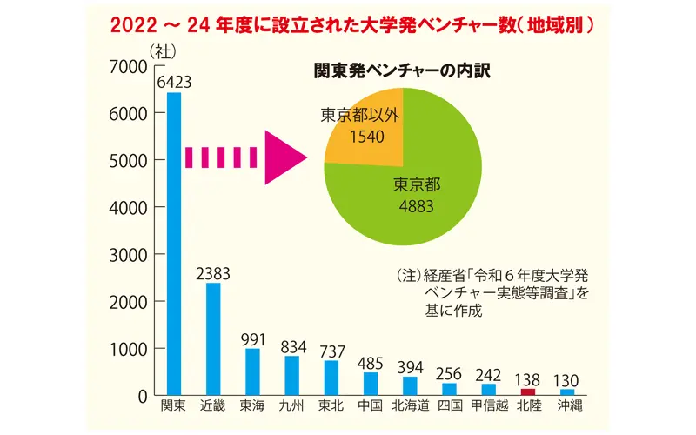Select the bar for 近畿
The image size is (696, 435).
click(213, 339)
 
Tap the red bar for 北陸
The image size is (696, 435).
click(527, 392)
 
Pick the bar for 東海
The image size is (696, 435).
click(252, 372)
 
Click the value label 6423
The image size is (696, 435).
click(174, 83)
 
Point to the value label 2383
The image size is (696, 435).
click(213, 273)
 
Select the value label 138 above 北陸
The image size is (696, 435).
click(527, 379)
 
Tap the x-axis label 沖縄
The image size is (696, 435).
click(566, 406)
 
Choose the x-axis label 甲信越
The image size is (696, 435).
click(488, 406)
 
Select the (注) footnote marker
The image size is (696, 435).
click(409, 276)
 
